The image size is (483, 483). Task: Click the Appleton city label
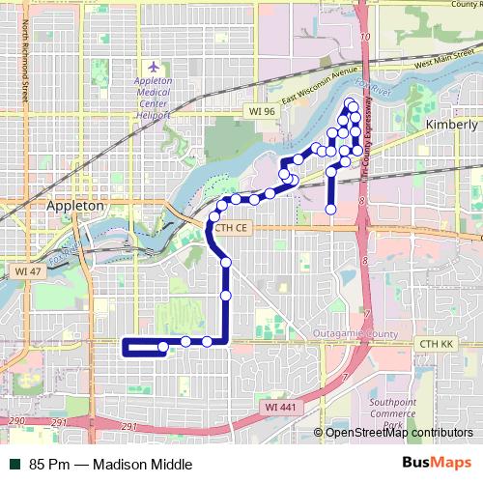click(75, 207)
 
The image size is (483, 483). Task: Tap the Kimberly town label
click(451, 126)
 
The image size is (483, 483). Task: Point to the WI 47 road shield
click(27, 272)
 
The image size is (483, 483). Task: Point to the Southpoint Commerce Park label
click(392, 412)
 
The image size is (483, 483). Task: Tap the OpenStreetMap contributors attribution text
click(399, 433)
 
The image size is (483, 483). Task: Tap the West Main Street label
click(445, 63)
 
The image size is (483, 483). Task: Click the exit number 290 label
click(16, 421)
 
